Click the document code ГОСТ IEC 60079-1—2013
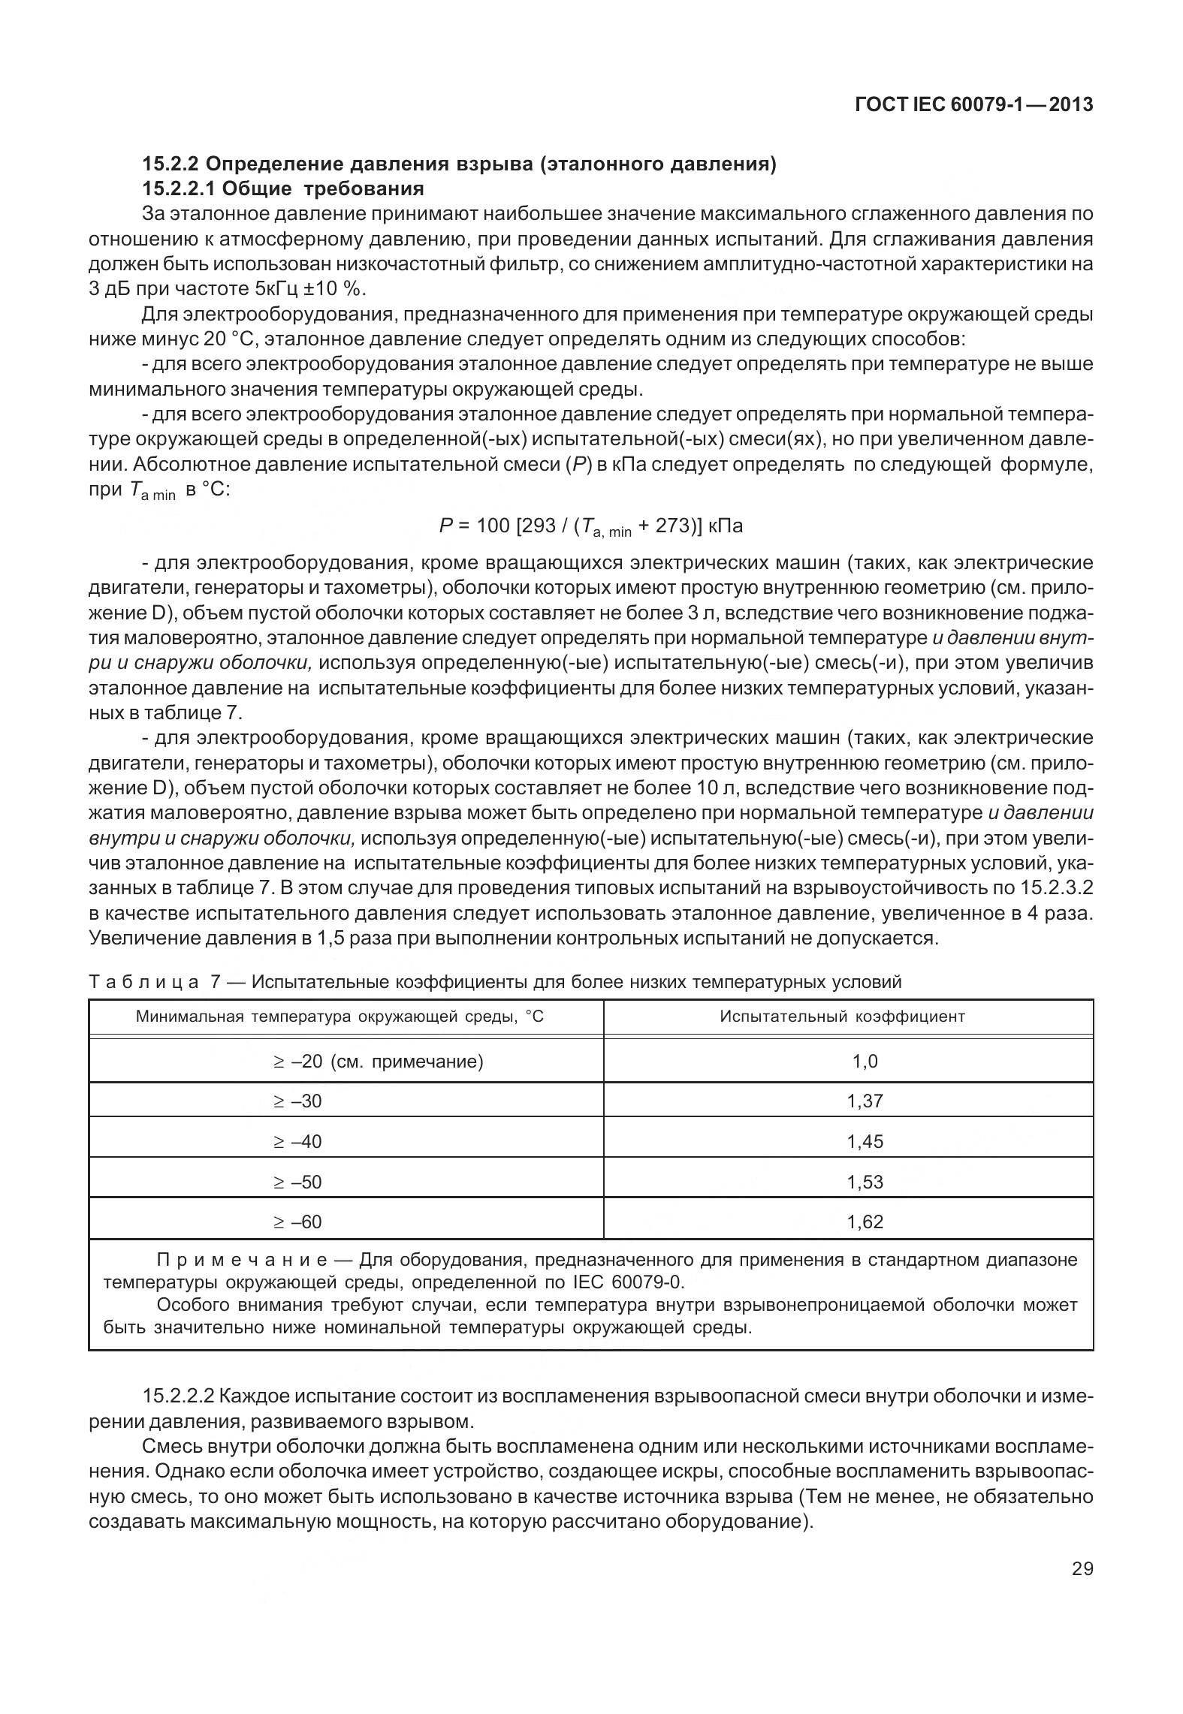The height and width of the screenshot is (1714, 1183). tap(973, 106)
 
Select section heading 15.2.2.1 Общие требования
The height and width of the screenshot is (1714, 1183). tap(283, 188)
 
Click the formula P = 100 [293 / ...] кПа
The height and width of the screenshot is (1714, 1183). tap(590, 526)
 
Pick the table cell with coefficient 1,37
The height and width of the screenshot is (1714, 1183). tap(865, 1101)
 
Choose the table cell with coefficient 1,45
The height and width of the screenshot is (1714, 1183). tap(865, 1142)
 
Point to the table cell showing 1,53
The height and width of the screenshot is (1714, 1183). tap(865, 1182)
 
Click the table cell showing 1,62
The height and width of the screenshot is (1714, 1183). tap(865, 1222)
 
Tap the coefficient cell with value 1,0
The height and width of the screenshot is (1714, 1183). tap(865, 1062)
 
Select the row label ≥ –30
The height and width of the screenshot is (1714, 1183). tap(297, 1101)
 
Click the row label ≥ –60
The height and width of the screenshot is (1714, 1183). tap(297, 1222)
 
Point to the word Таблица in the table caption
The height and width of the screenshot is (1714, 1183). tap(143, 982)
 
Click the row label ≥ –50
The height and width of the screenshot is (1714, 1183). tap(297, 1182)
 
